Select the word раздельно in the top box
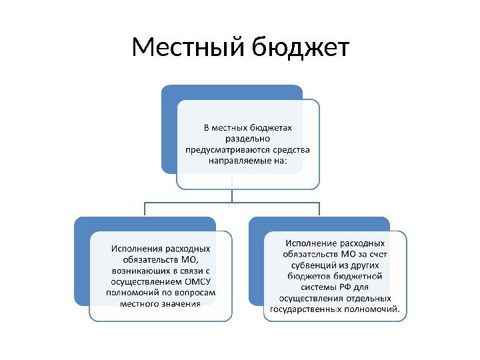coord(247,139)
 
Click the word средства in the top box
coord(291,150)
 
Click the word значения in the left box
coord(178,304)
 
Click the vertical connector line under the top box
coord(231,193)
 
